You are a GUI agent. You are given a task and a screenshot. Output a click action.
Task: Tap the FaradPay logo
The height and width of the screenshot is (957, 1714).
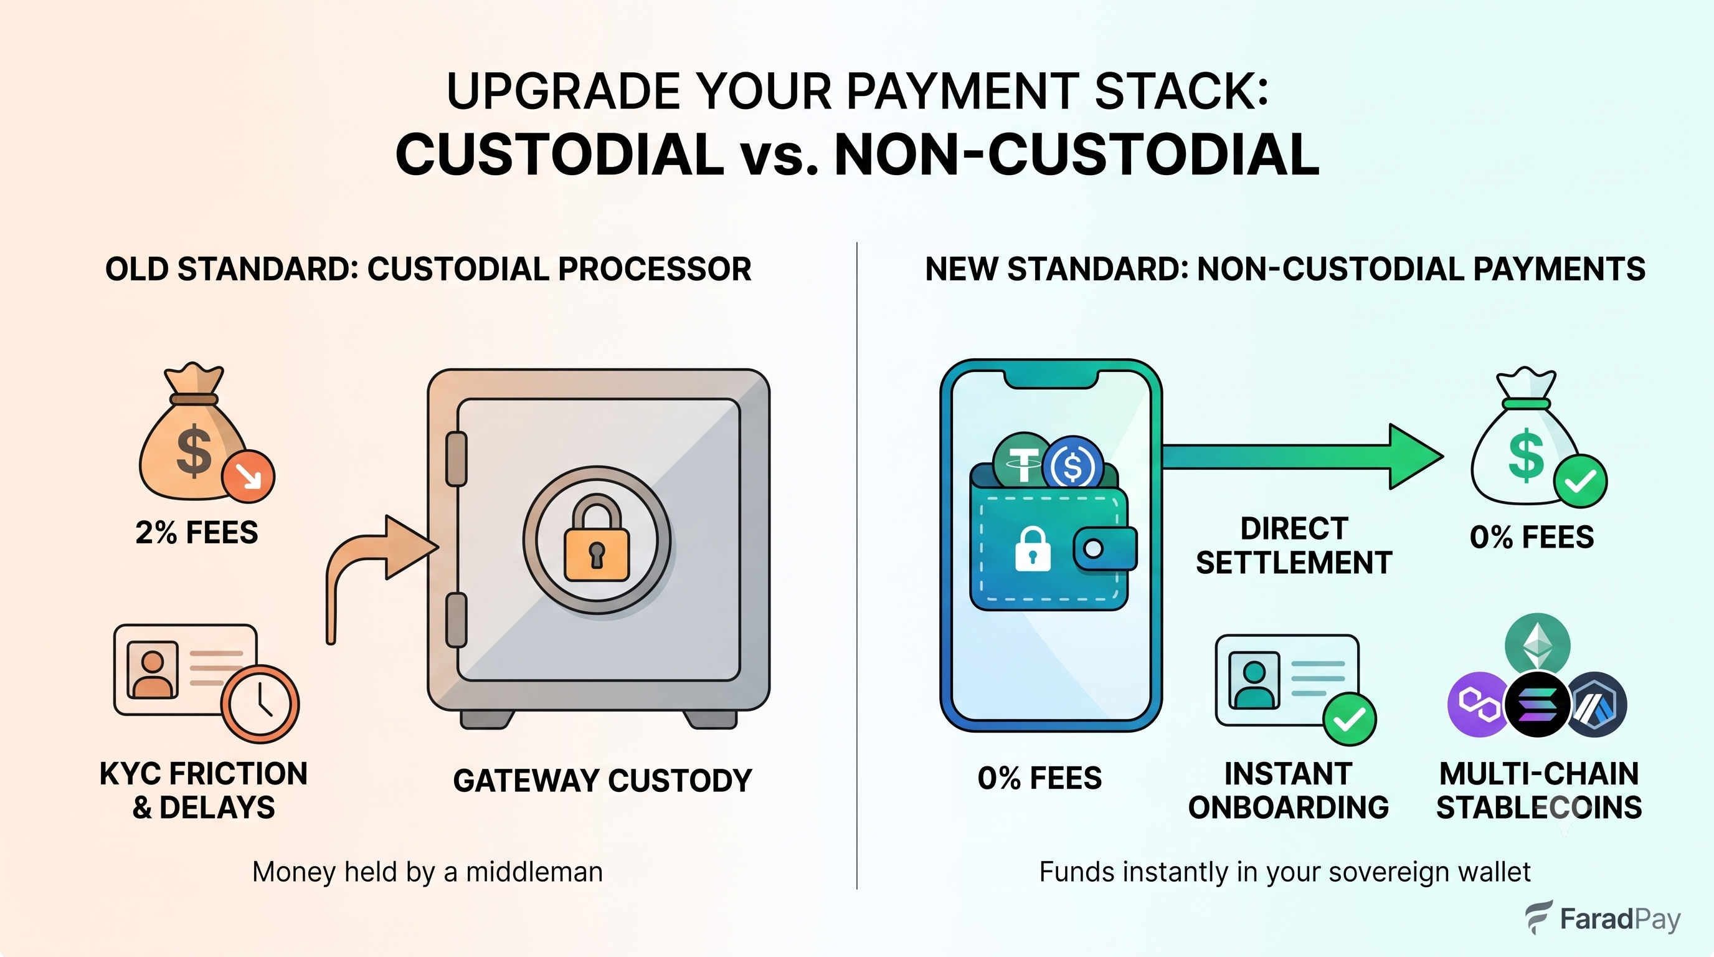[x=1603, y=918]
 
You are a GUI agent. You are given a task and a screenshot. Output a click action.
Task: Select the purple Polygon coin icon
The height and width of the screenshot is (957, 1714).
[x=1479, y=704]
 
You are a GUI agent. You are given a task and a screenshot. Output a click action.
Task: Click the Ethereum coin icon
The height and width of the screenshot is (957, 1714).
[x=1537, y=644]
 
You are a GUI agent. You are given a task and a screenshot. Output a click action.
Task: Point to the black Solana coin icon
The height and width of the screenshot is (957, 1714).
[x=1538, y=704]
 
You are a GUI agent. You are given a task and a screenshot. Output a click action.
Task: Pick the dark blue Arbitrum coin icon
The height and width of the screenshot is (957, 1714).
[x=1597, y=704]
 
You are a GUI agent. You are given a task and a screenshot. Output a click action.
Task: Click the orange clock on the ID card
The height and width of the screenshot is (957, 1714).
[x=260, y=703]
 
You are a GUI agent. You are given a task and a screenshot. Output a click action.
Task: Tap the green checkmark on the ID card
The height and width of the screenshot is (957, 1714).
[x=1350, y=719]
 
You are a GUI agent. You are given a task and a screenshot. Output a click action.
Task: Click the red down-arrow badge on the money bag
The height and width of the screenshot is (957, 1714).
[x=248, y=476]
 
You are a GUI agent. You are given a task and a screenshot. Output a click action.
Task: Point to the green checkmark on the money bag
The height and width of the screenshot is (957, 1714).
[x=1580, y=480]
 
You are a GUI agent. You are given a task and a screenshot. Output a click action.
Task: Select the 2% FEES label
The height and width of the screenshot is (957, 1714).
[x=197, y=533]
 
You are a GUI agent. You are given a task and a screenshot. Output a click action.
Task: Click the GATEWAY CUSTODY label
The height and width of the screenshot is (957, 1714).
[x=602, y=781]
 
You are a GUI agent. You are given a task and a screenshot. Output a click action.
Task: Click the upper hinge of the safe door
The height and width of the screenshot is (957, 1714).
[x=457, y=459]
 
